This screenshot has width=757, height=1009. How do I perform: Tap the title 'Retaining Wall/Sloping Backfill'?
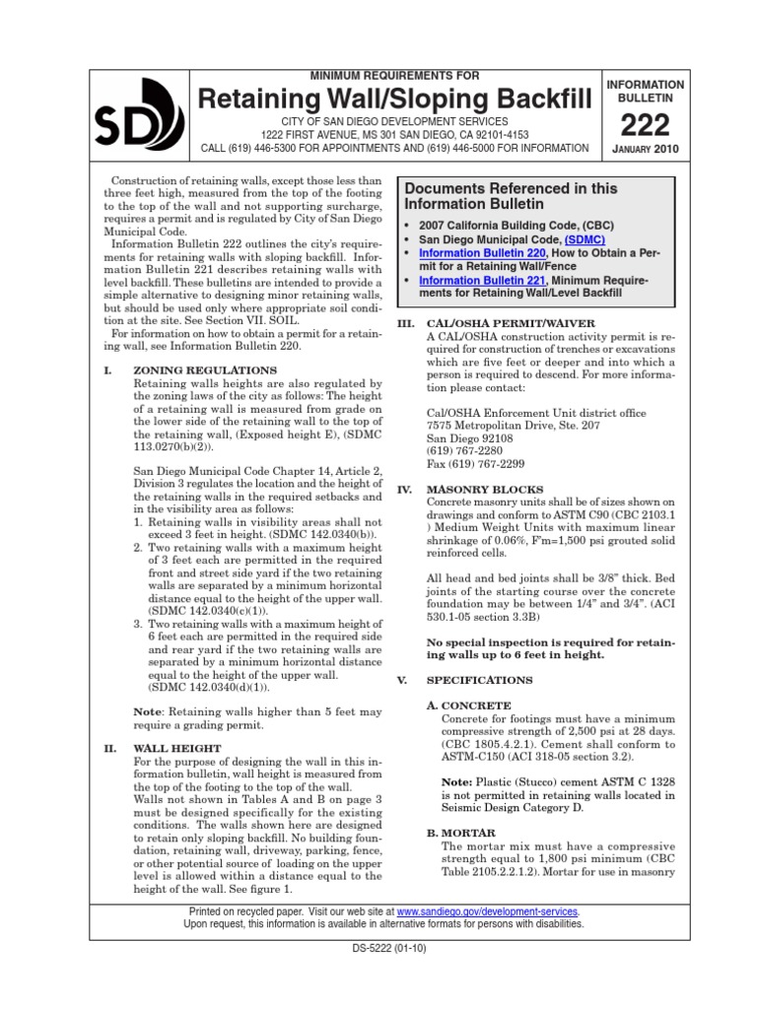395,99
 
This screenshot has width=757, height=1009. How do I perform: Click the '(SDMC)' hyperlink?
585,239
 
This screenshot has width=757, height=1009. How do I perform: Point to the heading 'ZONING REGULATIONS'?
205,370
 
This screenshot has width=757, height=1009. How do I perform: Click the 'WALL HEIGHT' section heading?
177,749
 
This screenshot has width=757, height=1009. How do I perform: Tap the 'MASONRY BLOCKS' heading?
477,489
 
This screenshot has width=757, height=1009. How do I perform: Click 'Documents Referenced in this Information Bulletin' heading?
512,197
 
